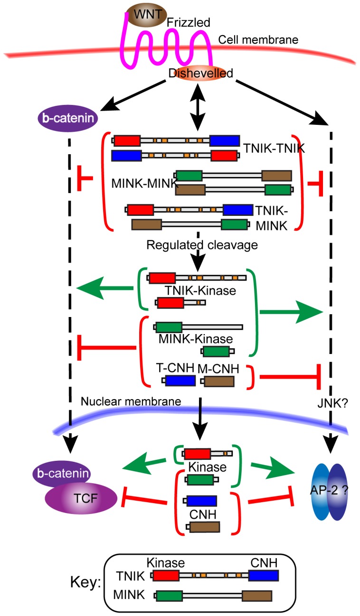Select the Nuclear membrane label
(131, 401)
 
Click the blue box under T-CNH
(180, 382)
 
